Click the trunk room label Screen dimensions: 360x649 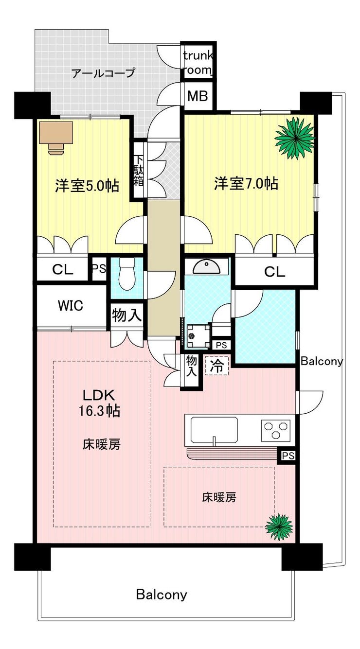[x=198, y=63]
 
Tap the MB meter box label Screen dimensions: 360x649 [x=198, y=96]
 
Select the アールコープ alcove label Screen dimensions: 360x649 [x=103, y=73]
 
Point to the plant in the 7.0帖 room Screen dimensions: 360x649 [x=295, y=138]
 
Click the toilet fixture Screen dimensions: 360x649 [x=127, y=274]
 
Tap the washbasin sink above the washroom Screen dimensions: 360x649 [x=206, y=266]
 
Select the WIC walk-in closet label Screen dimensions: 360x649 [x=71, y=305]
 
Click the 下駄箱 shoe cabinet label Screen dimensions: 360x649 [x=139, y=171]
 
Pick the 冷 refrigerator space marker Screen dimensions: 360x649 [x=217, y=366]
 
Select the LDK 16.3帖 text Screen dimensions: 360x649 [x=99, y=403]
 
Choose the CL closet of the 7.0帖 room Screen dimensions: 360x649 [x=274, y=271]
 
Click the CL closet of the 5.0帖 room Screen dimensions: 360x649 [x=63, y=270]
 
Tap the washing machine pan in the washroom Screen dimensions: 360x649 [x=198, y=336]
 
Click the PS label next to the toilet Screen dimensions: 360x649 [x=99, y=268]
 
